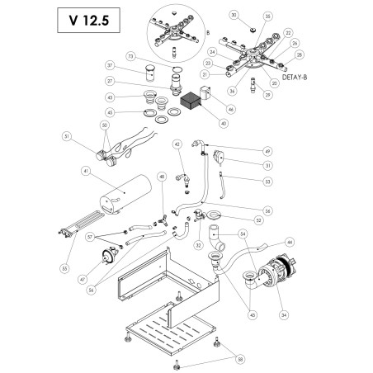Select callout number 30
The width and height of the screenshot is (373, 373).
pyautogui.click(x=233, y=16)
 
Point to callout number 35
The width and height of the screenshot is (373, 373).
pyautogui.click(x=267, y=16)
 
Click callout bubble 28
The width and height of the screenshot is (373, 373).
pyautogui.click(x=300, y=54)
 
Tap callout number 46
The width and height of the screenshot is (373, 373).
pyautogui.click(x=229, y=108)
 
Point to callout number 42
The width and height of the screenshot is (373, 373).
pyautogui.click(x=177, y=144)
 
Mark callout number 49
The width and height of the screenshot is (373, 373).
pyautogui.click(x=267, y=151)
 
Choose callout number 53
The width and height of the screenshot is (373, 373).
pyautogui.click(x=267, y=180)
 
